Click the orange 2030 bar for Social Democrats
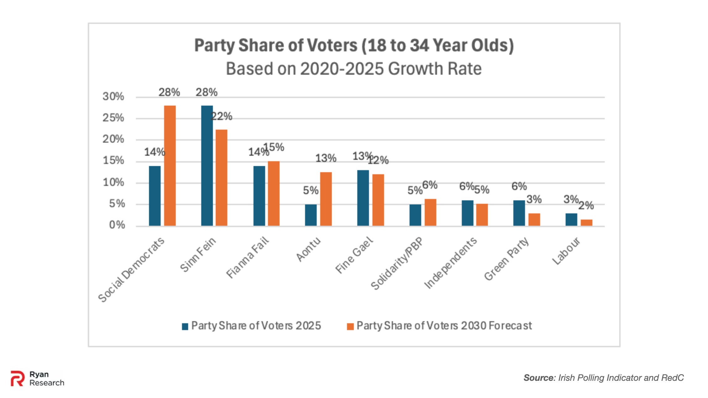[x=170, y=166]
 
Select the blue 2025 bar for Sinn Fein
[x=207, y=166]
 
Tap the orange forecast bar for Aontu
[x=326, y=199]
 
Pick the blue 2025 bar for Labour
[x=571, y=219]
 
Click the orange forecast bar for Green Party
[x=534, y=219]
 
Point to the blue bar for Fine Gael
[x=363, y=198]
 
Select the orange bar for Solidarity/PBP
[x=430, y=212]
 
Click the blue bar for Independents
[x=467, y=213]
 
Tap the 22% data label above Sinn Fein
[x=222, y=116]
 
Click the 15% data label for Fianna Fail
[x=274, y=147]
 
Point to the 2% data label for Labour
[x=586, y=206]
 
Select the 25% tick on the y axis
[x=113, y=118]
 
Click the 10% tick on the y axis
[x=113, y=182]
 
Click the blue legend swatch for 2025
[x=185, y=326]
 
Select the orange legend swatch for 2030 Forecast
[x=350, y=326]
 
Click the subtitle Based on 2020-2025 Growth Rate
[x=354, y=69]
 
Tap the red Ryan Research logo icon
[x=17, y=378]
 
